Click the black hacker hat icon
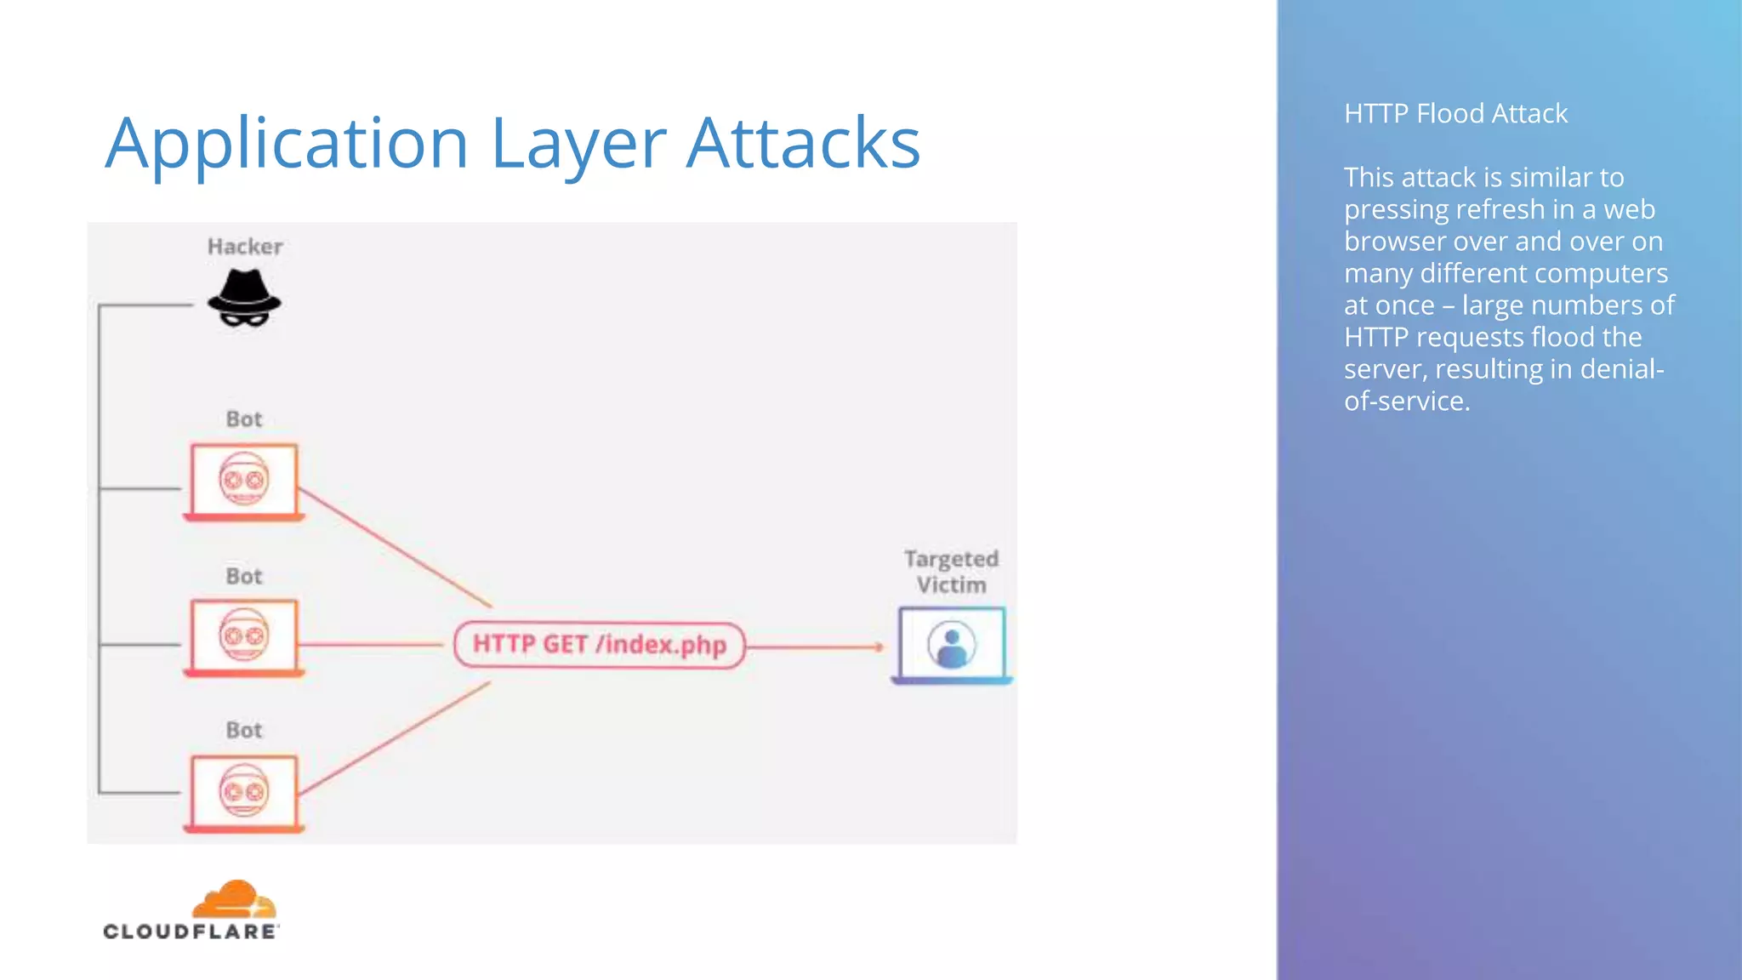244,298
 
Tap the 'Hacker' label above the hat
245,247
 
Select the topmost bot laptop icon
244,481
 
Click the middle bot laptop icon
244,637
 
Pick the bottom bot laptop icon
244,793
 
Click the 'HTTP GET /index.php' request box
600,645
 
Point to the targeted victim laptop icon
952,645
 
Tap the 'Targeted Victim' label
951,572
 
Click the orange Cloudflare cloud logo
233,900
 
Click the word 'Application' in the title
287,143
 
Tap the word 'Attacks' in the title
803,143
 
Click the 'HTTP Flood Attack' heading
1455,113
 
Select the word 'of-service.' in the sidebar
1407,401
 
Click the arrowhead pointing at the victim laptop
879,647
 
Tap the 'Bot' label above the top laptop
244,419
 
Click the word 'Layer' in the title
578,143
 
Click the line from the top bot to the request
396,547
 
